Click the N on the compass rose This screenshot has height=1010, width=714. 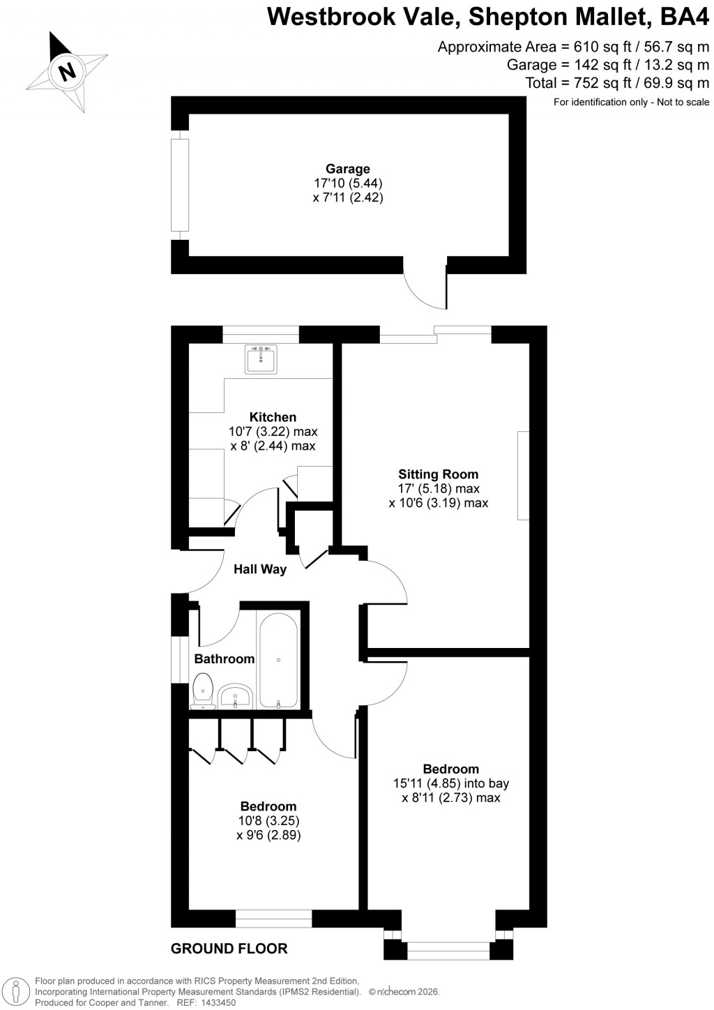(x=68, y=70)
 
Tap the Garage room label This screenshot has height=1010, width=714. (x=348, y=169)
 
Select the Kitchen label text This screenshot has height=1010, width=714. (x=273, y=417)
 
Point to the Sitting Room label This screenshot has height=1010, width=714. (x=439, y=474)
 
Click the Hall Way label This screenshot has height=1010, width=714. (x=260, y=569)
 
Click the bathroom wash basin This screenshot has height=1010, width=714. (x=235, y=695)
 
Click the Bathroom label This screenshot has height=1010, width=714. (x=225, y=658)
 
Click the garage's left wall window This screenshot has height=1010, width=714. (x=180, y=185)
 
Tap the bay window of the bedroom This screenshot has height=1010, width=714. (x=449, y=947)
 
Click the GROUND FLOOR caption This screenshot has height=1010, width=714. (x=229, y=949)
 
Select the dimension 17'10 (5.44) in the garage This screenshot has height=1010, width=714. (x=348, y=183)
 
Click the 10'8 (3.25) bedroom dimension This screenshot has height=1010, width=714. (x=268, y=820)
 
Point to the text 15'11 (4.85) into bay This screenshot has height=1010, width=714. (x=451, y=783)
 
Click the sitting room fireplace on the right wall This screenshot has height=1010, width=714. (x=523, y=476)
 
